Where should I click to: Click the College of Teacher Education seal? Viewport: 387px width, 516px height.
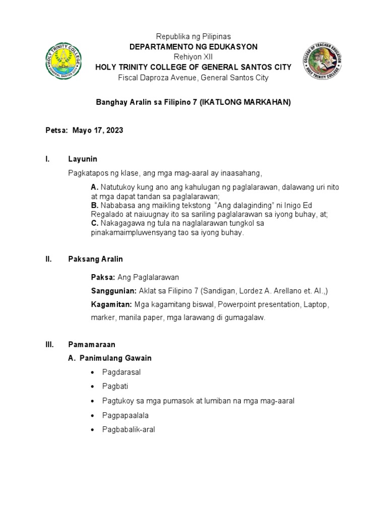pyautogui.click(x=323, y=61)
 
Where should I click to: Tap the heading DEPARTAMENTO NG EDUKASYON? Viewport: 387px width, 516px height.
pyautogui.click(x=193, y=47)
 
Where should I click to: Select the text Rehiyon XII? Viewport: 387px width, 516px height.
pyautogui.click(x=193, y=57)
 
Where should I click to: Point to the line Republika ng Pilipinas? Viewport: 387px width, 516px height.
pyautogui.click(x=193, y=36)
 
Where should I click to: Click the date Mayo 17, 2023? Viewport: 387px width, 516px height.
pyautogui.click(x=98, y=130)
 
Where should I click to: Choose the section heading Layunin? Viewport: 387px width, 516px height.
pyautogui.click(x=83, y=159)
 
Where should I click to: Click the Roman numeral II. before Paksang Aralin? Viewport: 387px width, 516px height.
pyautogui.click(x=49, y=259)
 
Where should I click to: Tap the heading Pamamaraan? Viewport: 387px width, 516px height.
pyautogui.click(x=92, y=345)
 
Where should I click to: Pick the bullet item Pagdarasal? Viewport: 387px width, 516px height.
pyautogui.click(x=121, y=372)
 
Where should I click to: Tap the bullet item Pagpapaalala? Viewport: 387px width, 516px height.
pyautogui.click(x=125, y=416)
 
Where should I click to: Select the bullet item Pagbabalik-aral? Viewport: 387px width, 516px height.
pyautogui.click(x=128, y=430)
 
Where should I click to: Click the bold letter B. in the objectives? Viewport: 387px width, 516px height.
pyautogui.click(x=95, y=206)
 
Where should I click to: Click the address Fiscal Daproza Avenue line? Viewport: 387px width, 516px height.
pyautogui.click(x=193, y=78)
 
